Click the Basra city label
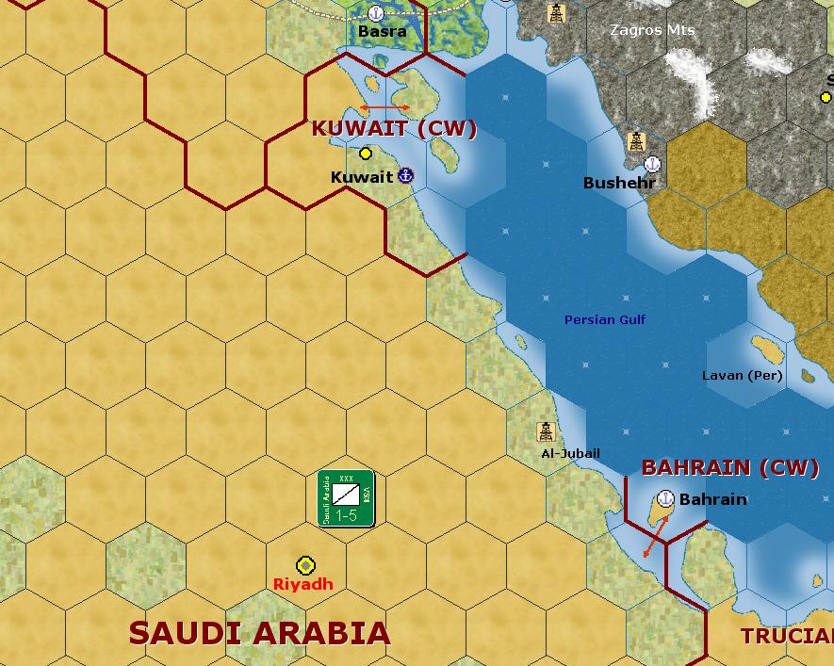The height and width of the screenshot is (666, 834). (x=383, y=31)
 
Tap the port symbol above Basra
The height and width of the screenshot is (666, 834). (x=376, y=13)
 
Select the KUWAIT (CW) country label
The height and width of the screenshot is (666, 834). (x=394, y=129)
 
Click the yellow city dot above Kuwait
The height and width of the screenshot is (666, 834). (x=366, y=154)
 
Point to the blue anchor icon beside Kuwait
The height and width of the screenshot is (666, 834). (x=406, y=175)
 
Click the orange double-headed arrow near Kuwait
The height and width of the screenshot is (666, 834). (x=384, y=108)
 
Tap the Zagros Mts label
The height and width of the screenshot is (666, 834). (x=652, y=30)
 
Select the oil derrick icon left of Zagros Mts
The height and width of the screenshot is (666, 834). (x=556, y=13)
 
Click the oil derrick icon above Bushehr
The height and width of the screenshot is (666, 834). (x=636, y=141)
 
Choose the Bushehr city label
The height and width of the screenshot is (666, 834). (x=619, y=183)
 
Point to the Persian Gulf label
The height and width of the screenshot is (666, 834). (x=605, y=320)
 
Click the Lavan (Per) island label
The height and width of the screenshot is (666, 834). (x=742, y=376)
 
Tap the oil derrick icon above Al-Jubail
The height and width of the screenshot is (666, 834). (x=546, y=431)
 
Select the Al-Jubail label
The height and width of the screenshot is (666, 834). (x=570, y=453)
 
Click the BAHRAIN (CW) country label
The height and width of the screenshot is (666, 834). (x=729, y=467)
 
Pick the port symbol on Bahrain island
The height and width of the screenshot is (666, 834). (x=665, y=499)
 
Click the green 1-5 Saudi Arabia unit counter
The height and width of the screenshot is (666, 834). (x=346, y=498)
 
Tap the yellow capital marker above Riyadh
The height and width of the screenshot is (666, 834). (x=305, y=565)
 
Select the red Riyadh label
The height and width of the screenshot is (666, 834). (x=303, y=584)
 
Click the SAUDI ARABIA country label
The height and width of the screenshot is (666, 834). (x=259, y=633)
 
